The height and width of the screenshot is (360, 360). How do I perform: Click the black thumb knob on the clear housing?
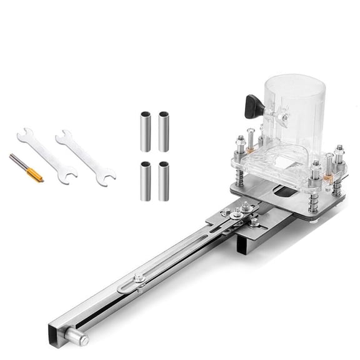[x=252, y=104]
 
